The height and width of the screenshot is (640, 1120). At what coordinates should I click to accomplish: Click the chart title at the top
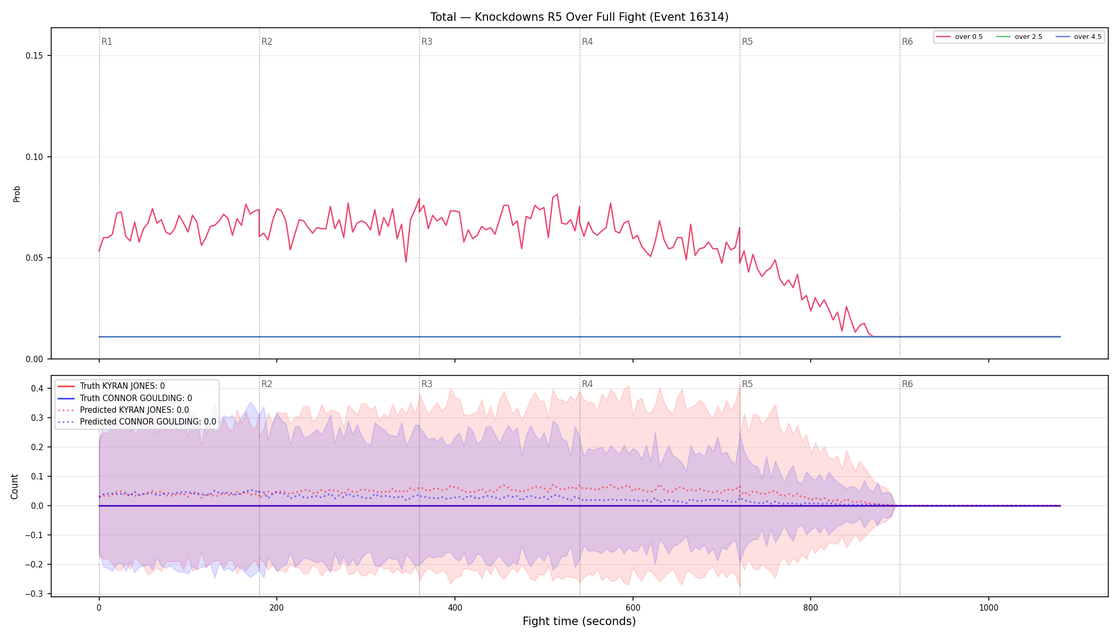coord(579,17)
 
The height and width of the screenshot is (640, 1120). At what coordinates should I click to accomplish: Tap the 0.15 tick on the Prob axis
coord(35,56)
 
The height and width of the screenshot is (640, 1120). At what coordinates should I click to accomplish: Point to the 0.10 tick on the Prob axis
coord(35,157)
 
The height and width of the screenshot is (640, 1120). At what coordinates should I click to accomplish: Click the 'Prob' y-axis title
coord(17,194)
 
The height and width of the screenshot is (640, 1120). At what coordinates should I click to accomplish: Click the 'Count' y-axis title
coord(14,486)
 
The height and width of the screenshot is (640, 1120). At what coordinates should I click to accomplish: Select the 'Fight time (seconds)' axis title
coord(579,621)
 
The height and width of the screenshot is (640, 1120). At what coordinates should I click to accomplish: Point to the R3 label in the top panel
coord(427,42)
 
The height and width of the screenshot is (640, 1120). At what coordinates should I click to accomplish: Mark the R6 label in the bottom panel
coord(907,384)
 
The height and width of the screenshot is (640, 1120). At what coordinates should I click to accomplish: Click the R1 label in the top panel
coord(107,42)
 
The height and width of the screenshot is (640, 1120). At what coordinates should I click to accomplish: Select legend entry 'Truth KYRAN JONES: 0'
coord(122,386)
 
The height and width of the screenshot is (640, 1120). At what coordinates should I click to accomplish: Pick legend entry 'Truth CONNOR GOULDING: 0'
coord(136,398)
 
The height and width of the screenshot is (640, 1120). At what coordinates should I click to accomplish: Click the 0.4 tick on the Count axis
coord(37,388)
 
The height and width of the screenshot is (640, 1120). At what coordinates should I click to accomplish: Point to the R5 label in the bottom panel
coord(747,384)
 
